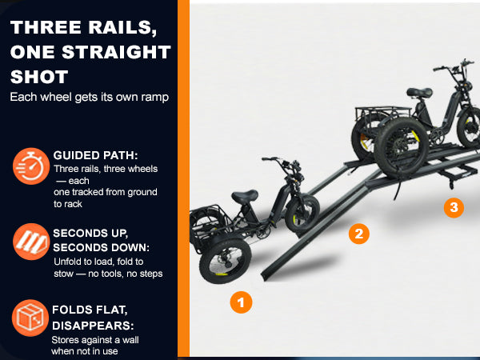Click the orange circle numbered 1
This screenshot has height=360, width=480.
241,302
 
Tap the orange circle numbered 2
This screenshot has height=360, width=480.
358,234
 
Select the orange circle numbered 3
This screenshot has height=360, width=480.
454,207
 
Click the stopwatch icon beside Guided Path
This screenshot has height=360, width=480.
31,166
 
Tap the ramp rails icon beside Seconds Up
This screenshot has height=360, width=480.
31,242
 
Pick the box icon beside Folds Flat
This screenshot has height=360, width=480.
30,318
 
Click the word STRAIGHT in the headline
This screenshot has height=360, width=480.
116,52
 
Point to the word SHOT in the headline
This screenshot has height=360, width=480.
39,77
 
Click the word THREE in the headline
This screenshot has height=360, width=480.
46,27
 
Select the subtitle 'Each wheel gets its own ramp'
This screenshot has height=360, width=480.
90,97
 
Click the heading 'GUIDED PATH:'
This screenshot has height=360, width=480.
95,155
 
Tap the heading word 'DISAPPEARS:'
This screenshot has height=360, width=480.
93,326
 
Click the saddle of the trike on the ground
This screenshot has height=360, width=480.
245,196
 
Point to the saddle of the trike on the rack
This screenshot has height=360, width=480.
419,92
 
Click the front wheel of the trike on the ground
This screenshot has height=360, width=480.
302,214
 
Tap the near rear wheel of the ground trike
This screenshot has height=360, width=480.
226,262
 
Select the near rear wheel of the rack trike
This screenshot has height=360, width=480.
402,149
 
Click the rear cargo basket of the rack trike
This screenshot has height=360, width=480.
382,114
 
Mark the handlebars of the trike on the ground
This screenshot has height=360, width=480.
282,164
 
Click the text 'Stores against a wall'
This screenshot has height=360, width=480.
95,340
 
